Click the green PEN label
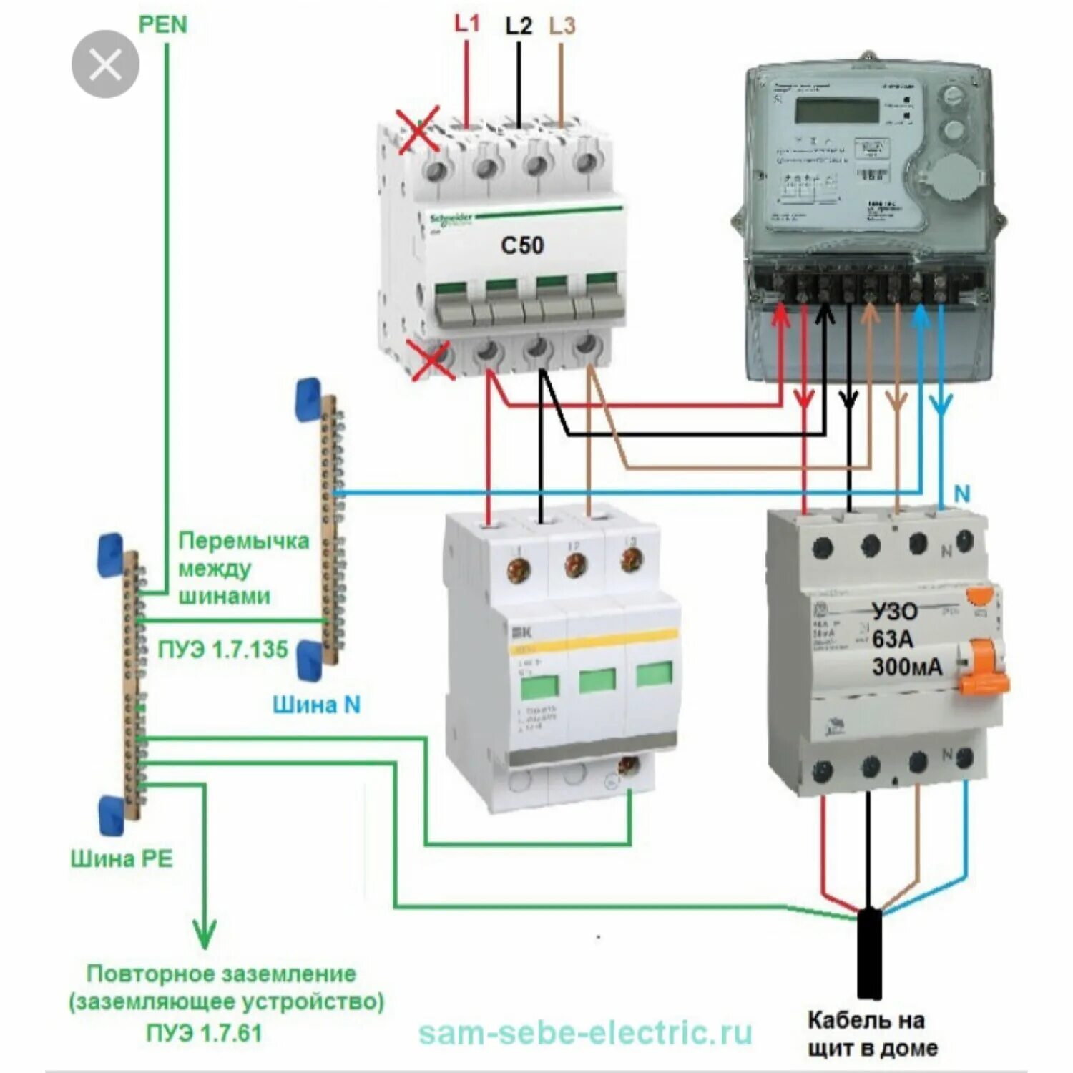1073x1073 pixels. (162, 24)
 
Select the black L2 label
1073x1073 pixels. (519, 26)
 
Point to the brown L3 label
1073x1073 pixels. (562, 26)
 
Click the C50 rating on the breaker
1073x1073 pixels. (522, 245)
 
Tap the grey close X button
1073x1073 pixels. (105, 64)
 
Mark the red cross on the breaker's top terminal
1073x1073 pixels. (418, 130)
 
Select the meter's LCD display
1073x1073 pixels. (837, 111)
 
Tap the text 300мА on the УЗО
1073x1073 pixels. (907, 667)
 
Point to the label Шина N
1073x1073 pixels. (316, 705)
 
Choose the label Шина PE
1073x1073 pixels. (122, 858)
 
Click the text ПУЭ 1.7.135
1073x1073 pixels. (222, 650)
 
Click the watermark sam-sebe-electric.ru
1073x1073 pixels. (585, 1033)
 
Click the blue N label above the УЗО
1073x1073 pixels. (962, 494)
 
